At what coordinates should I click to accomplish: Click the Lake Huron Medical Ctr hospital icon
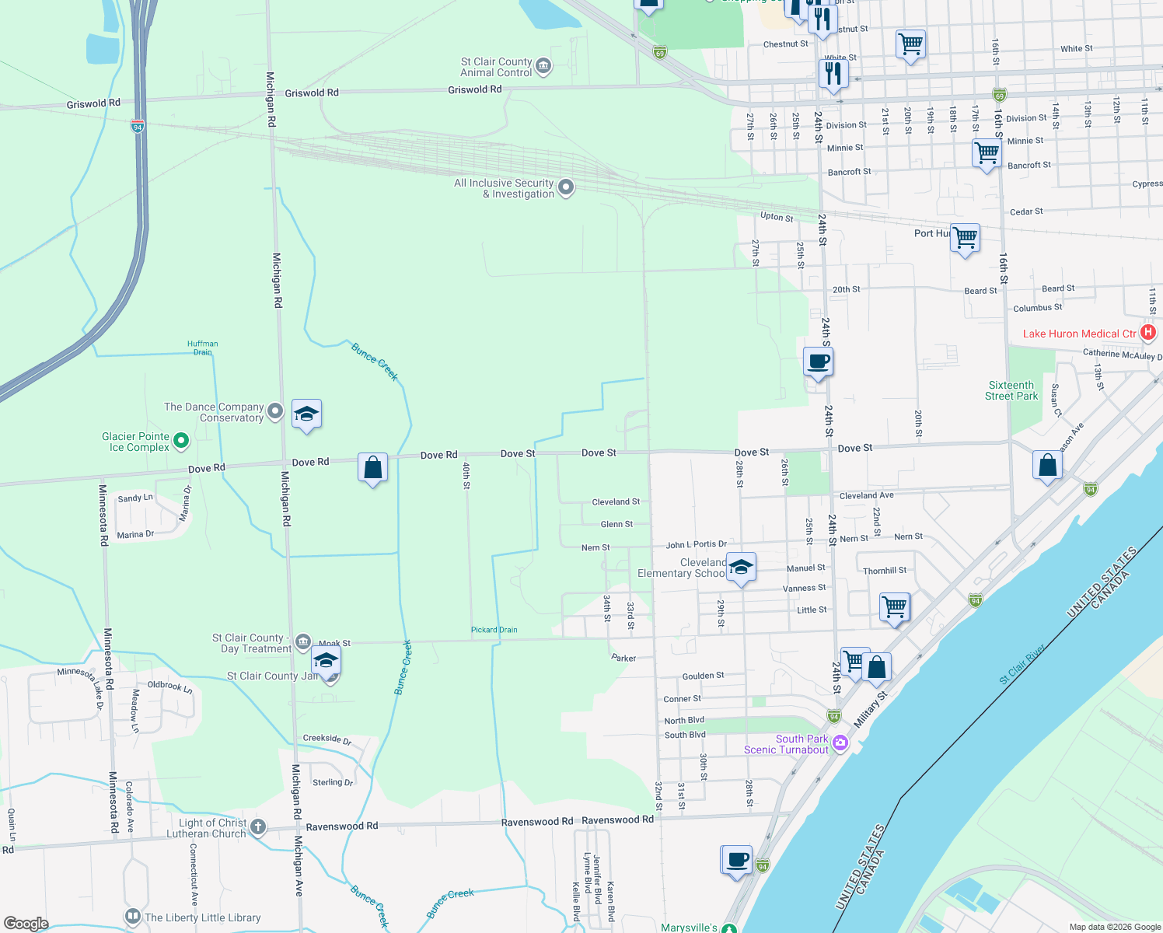[x=1147, y=334]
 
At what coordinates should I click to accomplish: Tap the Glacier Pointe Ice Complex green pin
[x=181, y=441]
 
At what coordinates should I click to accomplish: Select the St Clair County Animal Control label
[x=496, y=67]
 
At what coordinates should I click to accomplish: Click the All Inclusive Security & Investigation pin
[x=566, y=187]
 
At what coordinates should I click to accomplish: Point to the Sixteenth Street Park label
[x=1011, y=390]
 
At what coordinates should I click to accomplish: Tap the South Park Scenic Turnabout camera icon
[x=840, y=743]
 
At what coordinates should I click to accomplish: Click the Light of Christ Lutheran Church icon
[x=258, y=827]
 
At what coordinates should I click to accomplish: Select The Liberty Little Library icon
[x=133, y=917]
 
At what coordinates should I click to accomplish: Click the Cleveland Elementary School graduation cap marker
[x=741, y=568]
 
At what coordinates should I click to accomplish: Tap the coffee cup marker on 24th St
[x=819, y=362]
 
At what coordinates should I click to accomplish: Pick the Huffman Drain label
[x=203, y=348]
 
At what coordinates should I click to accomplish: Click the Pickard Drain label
[x=494, y=630]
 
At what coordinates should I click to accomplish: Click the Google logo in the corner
[x=26, y=924]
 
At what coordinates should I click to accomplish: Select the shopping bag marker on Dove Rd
[x=372, y=467]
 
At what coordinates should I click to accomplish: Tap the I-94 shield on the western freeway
[x=138, y=126]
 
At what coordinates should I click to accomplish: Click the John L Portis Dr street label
[x=696, y=544]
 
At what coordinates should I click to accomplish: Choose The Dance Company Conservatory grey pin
[x=275, y=411]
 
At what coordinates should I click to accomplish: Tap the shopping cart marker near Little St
[x=894, y=606]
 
